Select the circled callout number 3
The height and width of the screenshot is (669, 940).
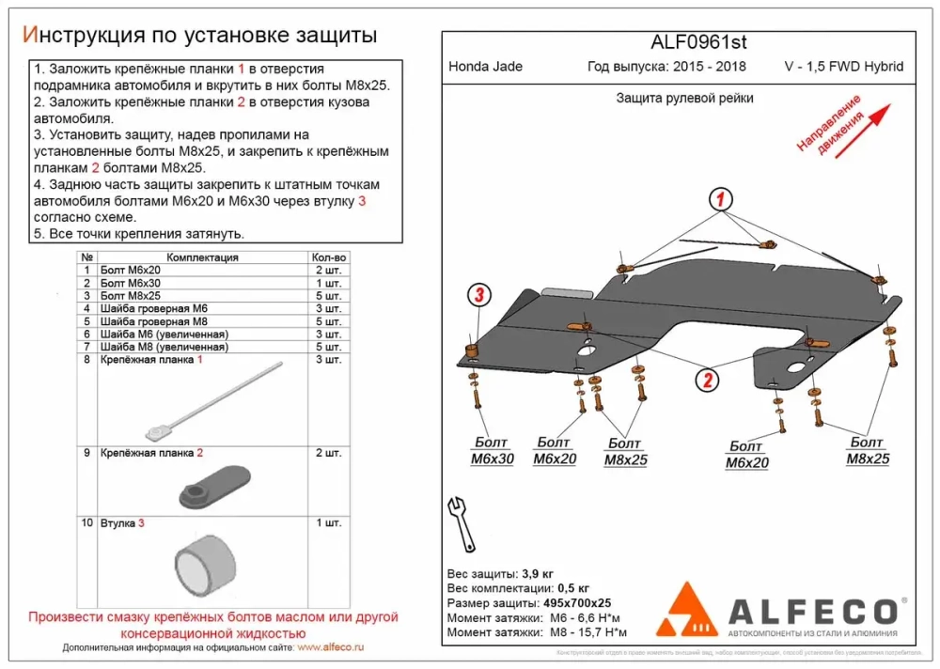click(x=478, y=295)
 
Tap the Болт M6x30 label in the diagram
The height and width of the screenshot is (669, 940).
click(x=492, y=451)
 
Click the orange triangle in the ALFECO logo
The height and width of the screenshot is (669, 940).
click(x=690, y=611)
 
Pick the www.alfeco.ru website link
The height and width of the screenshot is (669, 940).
click(x=330, y=648)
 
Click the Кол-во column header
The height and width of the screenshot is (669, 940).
click(x=328, y=257)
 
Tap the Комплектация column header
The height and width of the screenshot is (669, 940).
click(x=202, y=257)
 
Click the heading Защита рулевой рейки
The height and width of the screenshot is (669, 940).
click(x=684, y=98)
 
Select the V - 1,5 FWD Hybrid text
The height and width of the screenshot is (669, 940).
click(x=843, y=67)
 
